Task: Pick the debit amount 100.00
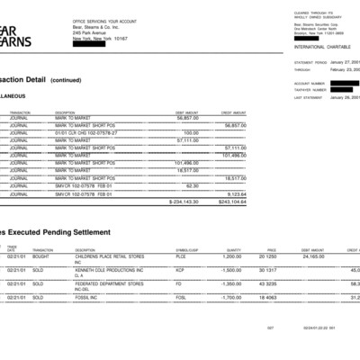pyautogui.click(x=191, y=132)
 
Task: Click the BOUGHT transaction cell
pyautogui.click(x=42, y=256)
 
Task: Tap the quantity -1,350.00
pyautogui.click(x=231, y=283)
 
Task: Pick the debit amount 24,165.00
pyautogui.click(x=311, y=256)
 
